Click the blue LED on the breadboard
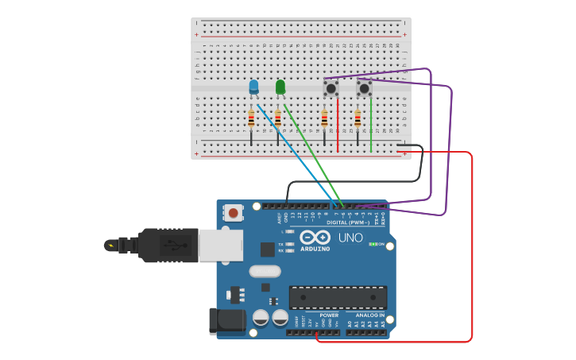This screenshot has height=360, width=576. pyautogui.click(x=253, y=87)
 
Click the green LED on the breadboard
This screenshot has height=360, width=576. pyautogui.click(x=280, y=87)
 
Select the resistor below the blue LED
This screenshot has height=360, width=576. pyautogui.click(x=251, y=120)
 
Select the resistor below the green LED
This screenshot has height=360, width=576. pyautogui.click(x=277, y=120)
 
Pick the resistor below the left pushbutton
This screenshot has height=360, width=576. pyautogui.click(x=324, y=120)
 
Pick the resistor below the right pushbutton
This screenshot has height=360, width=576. pyautogui.click(x=358, y=120)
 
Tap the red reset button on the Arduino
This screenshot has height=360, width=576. pyautogui.click(x=233, y=212)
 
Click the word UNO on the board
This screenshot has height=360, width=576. pyautogui.click(x=350, y=238)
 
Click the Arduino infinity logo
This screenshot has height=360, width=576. pyautogui.click(x=315, y=237)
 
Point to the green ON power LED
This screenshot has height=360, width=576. pyautogui.click(x=373, y=244)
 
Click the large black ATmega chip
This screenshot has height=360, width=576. pyautogui.click(x=338, y=297)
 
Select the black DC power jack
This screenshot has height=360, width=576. pyautogui.click(x=225, y=321)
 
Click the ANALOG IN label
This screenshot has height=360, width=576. pyautogui.click(x=370, y=315)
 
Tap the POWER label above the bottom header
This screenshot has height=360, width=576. pyautogui.click(x=329, y=315)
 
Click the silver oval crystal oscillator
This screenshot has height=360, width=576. pyautogui.click(x=265, y=271)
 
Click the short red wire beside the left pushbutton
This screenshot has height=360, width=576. pyautogui.click(x=338, y=125)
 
